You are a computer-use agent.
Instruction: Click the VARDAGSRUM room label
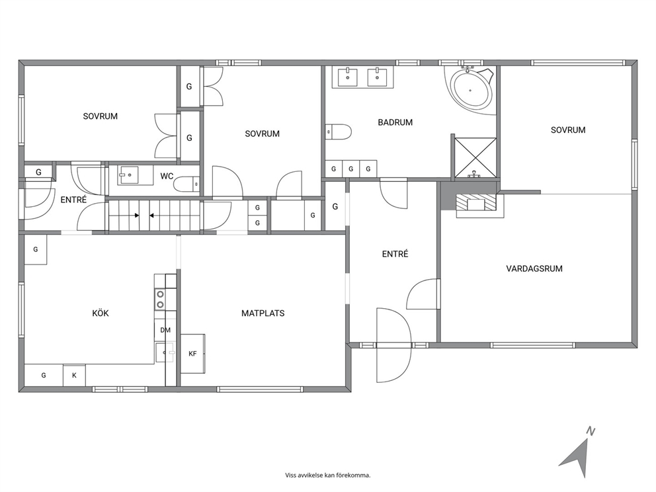pos(534,268)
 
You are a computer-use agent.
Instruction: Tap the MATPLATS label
pos(263,313)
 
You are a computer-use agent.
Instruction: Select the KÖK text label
pos(101,313)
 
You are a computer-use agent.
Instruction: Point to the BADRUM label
pos(395,122)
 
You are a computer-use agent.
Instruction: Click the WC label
pos(167,176)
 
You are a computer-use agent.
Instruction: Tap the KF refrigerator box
pos(193,354)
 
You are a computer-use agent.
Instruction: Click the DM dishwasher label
pos(165,330)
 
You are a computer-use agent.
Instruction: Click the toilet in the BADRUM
pos(339,132)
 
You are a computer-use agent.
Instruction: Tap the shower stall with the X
pos(475,158)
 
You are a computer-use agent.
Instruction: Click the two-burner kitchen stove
pos(160,299)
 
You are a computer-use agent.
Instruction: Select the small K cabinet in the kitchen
pos(74,375)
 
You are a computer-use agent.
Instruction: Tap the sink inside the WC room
pos(128,175)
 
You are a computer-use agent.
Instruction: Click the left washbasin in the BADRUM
pos(348,77)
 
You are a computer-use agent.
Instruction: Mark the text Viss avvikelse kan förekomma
pos(327,475)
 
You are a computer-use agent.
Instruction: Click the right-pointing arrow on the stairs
pos(136,216)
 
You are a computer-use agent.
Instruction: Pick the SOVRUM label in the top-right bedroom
pos(568,130)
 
